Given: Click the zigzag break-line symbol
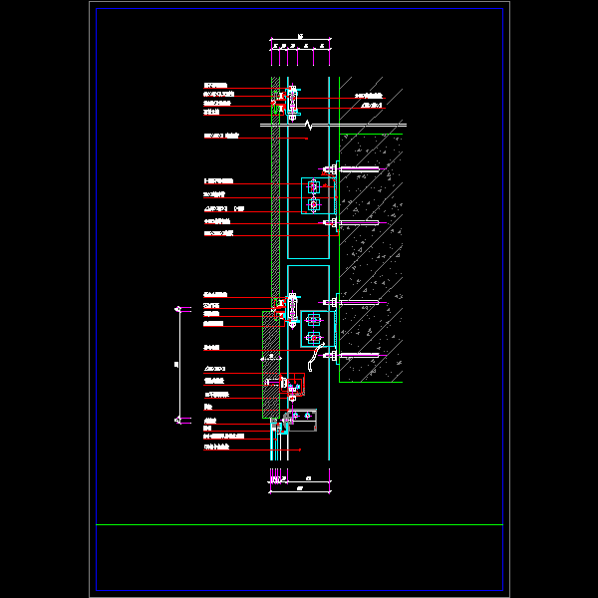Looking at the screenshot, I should tap(310, 125).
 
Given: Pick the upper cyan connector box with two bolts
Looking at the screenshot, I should tap(314, 195).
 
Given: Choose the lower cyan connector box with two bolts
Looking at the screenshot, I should tap(314, 328).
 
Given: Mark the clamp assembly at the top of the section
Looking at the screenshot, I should tap(291, 100).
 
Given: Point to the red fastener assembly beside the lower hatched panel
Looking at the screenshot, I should tap(285, 382).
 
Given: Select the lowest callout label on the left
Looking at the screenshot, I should tap(214, 446).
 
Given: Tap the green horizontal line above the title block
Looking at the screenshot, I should tap(299, 524).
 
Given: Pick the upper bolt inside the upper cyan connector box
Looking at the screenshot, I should tap(314, 186).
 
